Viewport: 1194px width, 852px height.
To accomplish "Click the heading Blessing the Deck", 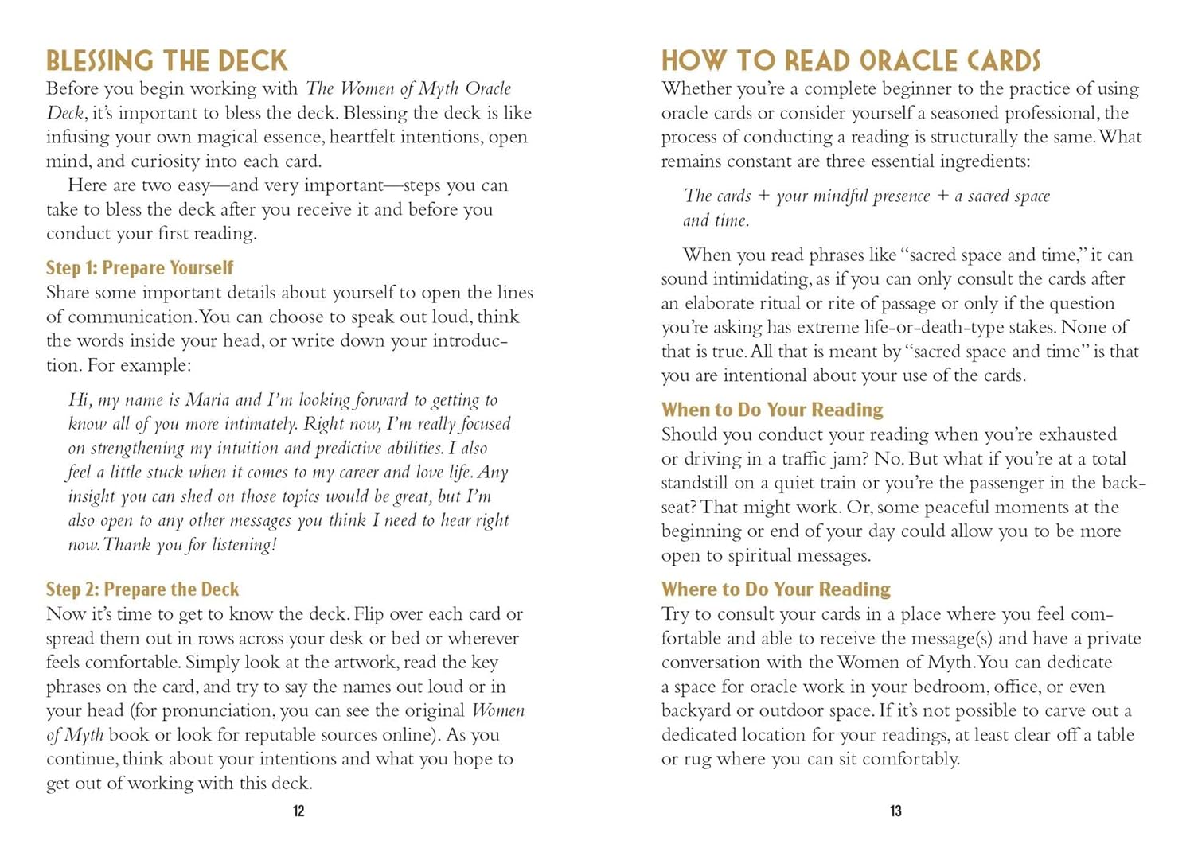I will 166,60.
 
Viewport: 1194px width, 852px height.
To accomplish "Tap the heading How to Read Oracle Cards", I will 850,60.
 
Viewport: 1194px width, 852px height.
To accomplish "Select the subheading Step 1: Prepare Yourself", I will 139,268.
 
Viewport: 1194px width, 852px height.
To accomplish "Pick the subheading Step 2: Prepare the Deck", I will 142,589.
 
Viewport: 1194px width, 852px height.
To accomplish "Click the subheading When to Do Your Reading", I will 772,410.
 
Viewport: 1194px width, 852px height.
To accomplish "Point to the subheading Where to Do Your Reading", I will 775,589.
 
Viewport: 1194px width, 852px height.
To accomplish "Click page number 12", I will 298,811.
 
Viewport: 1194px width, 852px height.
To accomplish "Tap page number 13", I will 895,811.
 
